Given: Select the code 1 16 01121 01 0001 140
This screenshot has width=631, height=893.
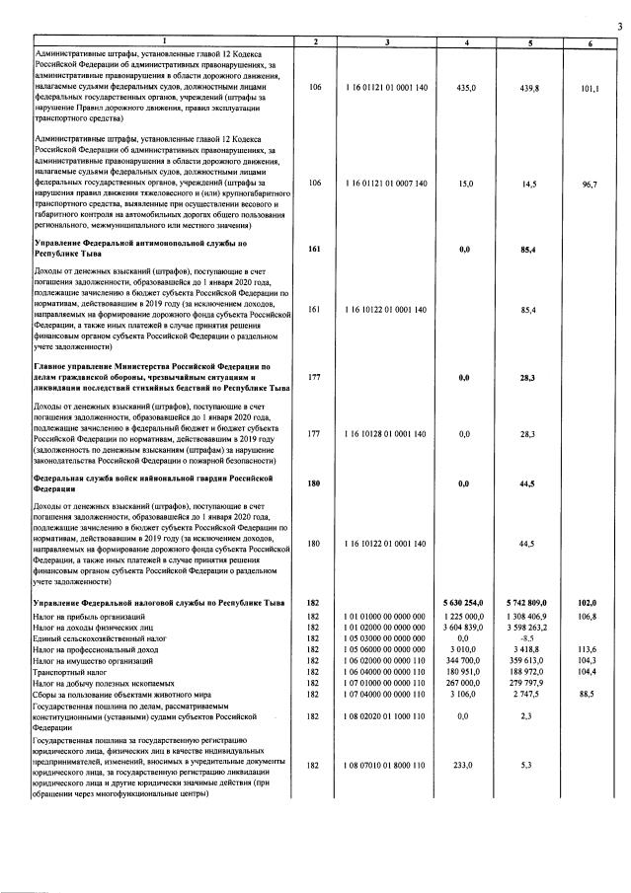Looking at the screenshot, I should (x=387, y=88).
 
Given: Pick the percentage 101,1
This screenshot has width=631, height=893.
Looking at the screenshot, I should (x=591, y=88).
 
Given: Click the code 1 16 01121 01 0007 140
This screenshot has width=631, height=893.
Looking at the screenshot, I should (x=387, y=184).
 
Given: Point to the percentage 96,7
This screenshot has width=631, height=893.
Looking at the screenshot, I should (x=591, y=184).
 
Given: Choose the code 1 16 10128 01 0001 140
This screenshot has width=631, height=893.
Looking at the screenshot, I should (x=387, y=434).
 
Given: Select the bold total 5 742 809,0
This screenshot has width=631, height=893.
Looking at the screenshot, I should (x=531, y=602).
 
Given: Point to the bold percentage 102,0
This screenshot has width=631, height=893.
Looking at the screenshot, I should (x=591, y=602).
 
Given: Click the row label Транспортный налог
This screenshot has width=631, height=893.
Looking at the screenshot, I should (x=73, y=675).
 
